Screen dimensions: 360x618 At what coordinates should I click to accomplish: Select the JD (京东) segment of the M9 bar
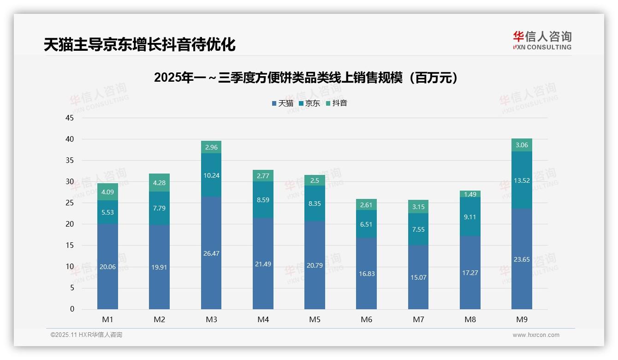(x=522, y=180)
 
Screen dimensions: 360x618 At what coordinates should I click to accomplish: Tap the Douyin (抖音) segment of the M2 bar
(x=160, y=183)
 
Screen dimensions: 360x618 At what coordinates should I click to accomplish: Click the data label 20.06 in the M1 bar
(x=107, y=266)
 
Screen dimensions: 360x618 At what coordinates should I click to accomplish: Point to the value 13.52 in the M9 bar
(x=522, y=180)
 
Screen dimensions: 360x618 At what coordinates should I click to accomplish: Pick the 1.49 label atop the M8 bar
(x=470, y=194)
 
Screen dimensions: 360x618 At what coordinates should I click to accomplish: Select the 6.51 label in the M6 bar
(x=366, y=224)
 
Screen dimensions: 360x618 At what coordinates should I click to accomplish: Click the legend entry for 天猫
(x=282, y=103)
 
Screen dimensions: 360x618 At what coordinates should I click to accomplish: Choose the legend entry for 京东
(x=309, y=103)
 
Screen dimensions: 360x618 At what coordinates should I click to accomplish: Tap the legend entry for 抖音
(x=336, y=103)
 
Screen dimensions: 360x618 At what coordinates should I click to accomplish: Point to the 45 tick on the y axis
(x=70, y=118)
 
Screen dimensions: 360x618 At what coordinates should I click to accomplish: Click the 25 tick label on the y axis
(x=70, y=203)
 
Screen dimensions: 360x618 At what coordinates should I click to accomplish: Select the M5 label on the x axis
(x=315, y=319)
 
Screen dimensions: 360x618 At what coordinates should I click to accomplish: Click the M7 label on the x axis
(x=418, y=319)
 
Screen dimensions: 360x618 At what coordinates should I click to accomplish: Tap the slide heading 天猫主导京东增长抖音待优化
(x=140, y=44)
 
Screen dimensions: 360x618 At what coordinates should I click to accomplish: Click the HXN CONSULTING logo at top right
(x=542, y=40)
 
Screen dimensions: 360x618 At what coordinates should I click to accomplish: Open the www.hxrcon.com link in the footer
(x=536, y=335)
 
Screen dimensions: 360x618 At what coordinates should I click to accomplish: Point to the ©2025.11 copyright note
(x=86, y=335)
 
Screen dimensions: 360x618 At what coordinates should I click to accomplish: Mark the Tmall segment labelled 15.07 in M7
(x=418, y=277)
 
